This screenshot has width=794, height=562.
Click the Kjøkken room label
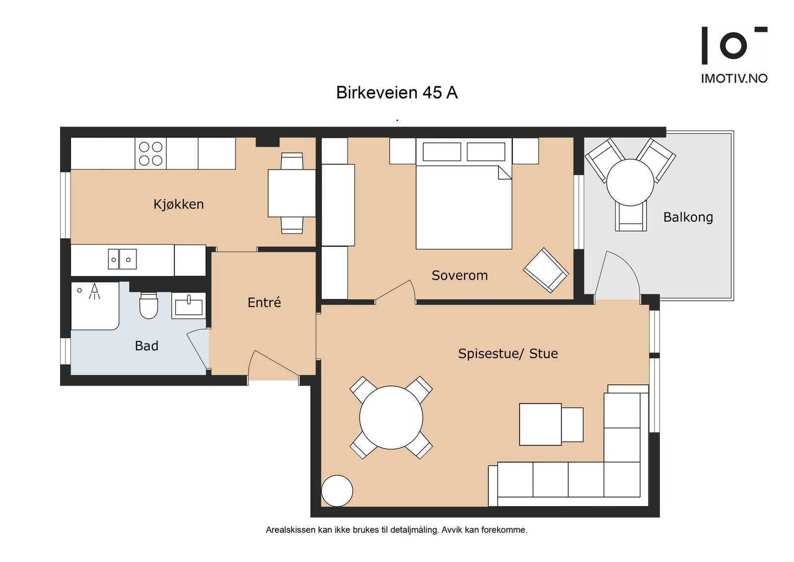click(179, 204)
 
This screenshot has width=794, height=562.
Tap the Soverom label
click(460, 276)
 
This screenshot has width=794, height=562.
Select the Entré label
click(264, 302)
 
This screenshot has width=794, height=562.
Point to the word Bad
click(146, 346)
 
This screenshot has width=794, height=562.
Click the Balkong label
click(688, 217)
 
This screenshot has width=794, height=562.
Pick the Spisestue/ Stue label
click(508, 353)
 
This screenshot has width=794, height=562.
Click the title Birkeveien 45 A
click(397, 92)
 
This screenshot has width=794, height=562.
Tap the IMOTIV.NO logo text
click(734, 78)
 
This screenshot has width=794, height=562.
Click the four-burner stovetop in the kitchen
click(151, 153)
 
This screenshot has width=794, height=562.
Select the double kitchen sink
click(122, 259)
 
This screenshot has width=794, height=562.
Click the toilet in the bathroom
click(148, 305)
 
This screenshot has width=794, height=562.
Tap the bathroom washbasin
click(189, 306)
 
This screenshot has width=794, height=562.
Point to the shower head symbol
click(94, 291)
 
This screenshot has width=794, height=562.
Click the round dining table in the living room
click(391, 418)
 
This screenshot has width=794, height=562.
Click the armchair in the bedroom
click(546, 270)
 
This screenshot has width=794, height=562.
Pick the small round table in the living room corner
click(337, 491)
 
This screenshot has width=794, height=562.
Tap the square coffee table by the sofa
click(540, 424)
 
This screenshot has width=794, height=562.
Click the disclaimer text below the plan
click(397, 530)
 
